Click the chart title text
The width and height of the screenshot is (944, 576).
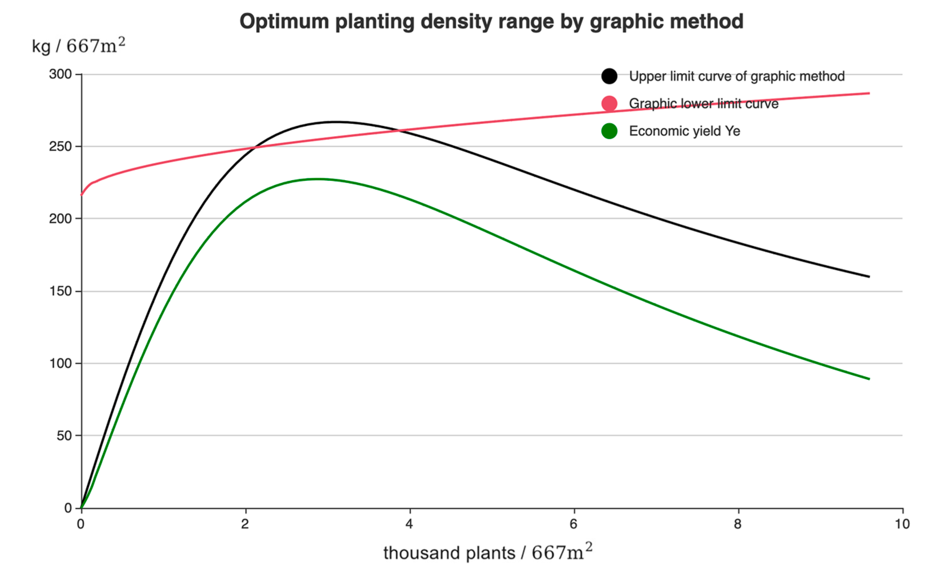pos(491,22)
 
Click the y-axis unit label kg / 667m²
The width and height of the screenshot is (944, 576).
pos(78,46)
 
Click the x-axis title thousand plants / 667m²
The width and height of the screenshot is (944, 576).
pos(488,553)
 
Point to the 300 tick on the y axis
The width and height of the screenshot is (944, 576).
pos(61,74)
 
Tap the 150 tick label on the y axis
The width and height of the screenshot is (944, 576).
pos(61,291)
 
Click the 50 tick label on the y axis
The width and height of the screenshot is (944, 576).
pos(64,436)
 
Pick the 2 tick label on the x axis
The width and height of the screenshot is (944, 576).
pos(245,524)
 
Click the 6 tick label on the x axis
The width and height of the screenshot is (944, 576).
pos(574,524)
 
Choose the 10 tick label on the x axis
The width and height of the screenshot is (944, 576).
pos(902,524)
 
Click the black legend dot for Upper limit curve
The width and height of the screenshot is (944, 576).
pos(609,76)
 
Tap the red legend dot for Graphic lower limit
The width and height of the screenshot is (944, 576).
pos(609,103)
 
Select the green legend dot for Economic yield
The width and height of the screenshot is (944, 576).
pos(609,131)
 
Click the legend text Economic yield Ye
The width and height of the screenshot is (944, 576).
pos(684,131)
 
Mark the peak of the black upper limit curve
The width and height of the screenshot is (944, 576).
pos(336,122)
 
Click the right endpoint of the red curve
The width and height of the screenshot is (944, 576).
pos(869,93)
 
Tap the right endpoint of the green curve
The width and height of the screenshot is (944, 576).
pos(869,379)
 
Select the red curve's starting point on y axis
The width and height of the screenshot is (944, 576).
pos(81,195)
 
